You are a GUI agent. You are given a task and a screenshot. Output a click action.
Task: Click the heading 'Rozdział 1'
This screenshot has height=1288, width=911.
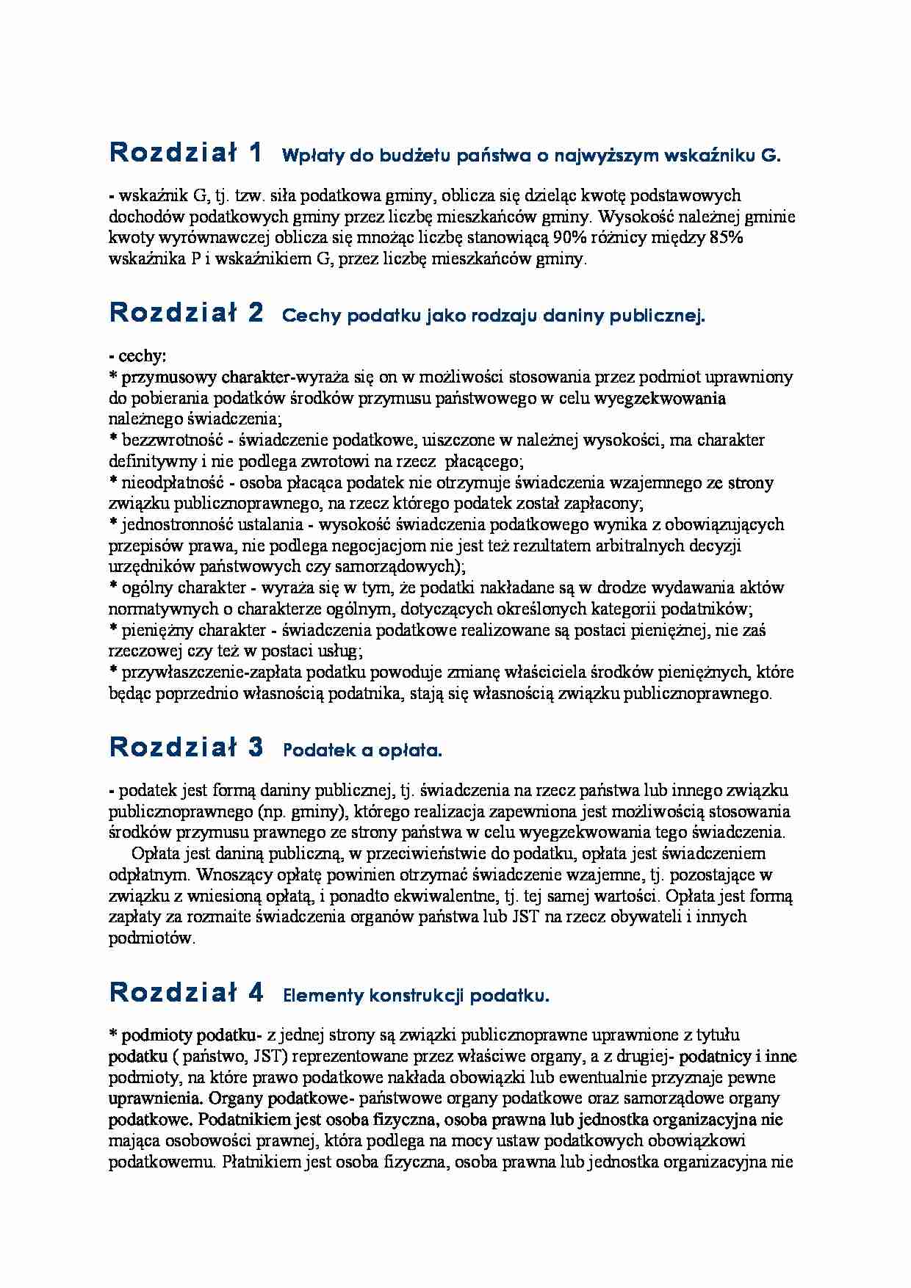pyautogui.click(x=186, y=153)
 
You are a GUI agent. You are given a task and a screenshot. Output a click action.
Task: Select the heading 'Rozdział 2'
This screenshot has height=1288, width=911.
pyautogui.click(x=186, y=313)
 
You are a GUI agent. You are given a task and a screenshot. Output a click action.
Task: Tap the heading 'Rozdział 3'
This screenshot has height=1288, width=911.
pyautogui.click(x=186, y=748)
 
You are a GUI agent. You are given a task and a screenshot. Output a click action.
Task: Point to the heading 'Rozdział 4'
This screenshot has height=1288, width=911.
pyautogui.click(x=186, y=993)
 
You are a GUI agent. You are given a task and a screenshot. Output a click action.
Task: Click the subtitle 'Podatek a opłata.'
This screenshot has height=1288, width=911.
pyautogui.click(x=362, y=750)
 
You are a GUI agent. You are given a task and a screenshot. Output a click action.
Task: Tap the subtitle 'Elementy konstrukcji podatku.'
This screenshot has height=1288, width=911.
pyautogui.click(x=416, y=996)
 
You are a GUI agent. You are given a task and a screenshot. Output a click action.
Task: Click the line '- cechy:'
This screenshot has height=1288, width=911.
pyautogui.click(x=137, y=356)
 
